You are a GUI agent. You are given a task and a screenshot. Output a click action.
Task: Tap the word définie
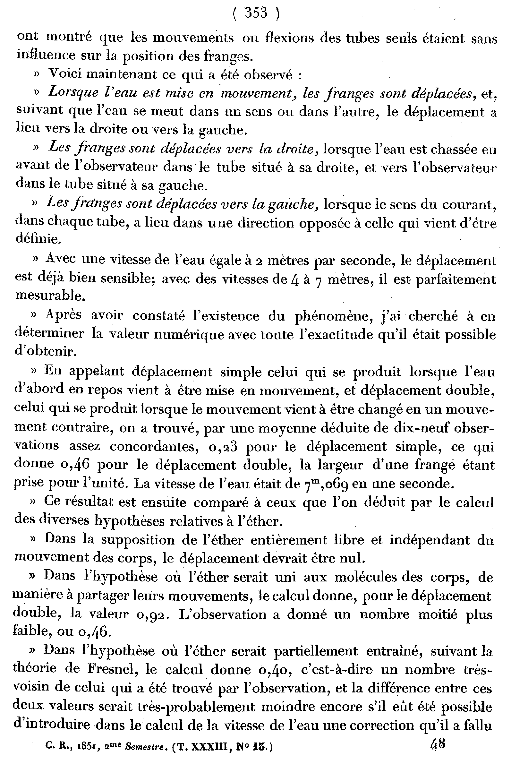click(x=38, y=240)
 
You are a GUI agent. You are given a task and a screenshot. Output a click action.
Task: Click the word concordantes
click(x=155, y=447)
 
